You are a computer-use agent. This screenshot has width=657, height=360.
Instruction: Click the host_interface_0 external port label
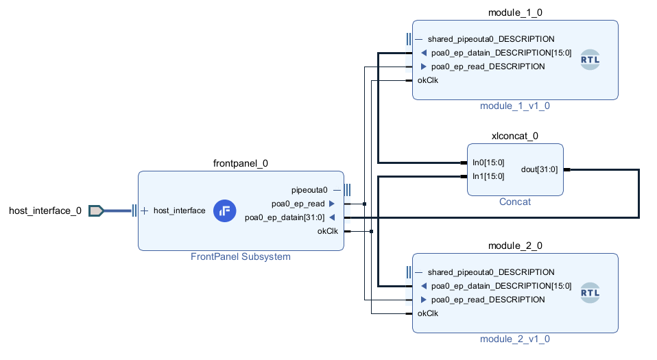[45, 211]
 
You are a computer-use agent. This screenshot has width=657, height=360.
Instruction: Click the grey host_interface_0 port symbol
[96, 211]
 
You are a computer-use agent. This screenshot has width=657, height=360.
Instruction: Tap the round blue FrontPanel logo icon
[224, 211]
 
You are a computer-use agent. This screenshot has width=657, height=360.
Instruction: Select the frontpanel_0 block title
[241, 163]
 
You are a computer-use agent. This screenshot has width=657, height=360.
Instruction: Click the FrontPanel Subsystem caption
[241, 257]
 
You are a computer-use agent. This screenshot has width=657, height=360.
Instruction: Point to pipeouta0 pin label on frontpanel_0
[310, 190]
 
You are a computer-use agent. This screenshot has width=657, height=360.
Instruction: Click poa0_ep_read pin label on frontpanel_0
[298, 204]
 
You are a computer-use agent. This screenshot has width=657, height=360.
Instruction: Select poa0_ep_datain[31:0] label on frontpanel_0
[285, 217]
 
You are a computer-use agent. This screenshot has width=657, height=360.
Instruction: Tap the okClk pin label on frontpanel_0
[327, 231]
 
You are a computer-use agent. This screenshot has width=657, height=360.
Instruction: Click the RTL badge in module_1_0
[590, 60]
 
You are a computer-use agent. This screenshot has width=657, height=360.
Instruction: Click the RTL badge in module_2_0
[590, 293]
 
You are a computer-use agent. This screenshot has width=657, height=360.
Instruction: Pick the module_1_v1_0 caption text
[515, 106]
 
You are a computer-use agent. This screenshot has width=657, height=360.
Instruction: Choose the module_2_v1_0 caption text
[515, 339]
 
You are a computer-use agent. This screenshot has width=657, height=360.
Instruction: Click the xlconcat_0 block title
[515, 136]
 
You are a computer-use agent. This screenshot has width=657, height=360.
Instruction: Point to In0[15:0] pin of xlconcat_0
[488, 163]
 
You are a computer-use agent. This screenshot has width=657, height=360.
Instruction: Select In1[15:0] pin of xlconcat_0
[488, 176]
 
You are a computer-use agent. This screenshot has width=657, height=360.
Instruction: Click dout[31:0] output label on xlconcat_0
[539, 169]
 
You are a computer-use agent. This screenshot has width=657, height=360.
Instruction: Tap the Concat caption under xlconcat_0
[515, 202]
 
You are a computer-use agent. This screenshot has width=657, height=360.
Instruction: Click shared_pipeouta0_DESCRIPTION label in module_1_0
[490, 39]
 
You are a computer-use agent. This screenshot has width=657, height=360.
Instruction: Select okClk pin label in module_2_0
[428, 313]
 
